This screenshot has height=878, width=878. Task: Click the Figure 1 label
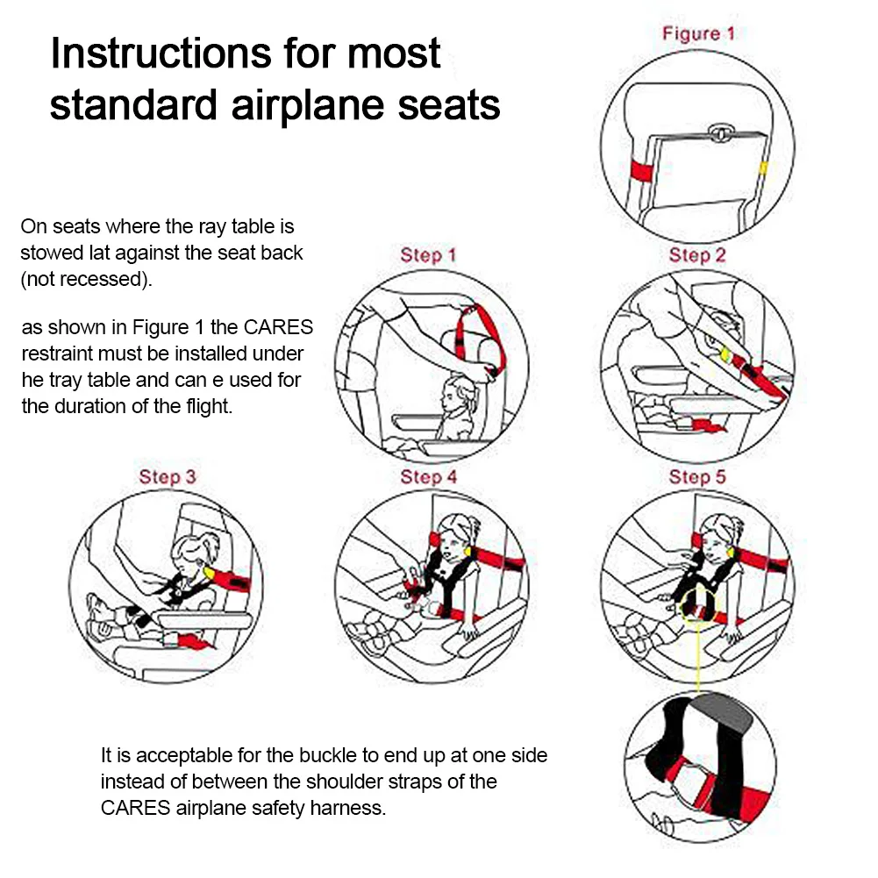click(698, 34)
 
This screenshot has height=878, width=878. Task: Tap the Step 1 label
click(428, 255)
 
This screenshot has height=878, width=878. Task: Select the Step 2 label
click(697, 255)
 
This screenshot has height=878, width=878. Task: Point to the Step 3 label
click(167, 477)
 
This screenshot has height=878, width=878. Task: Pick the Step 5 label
click(697, 477)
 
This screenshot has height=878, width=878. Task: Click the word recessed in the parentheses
click(96, 280)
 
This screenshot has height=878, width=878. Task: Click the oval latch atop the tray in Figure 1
click(719, 132)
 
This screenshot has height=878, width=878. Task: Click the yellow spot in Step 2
click(726, 355)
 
